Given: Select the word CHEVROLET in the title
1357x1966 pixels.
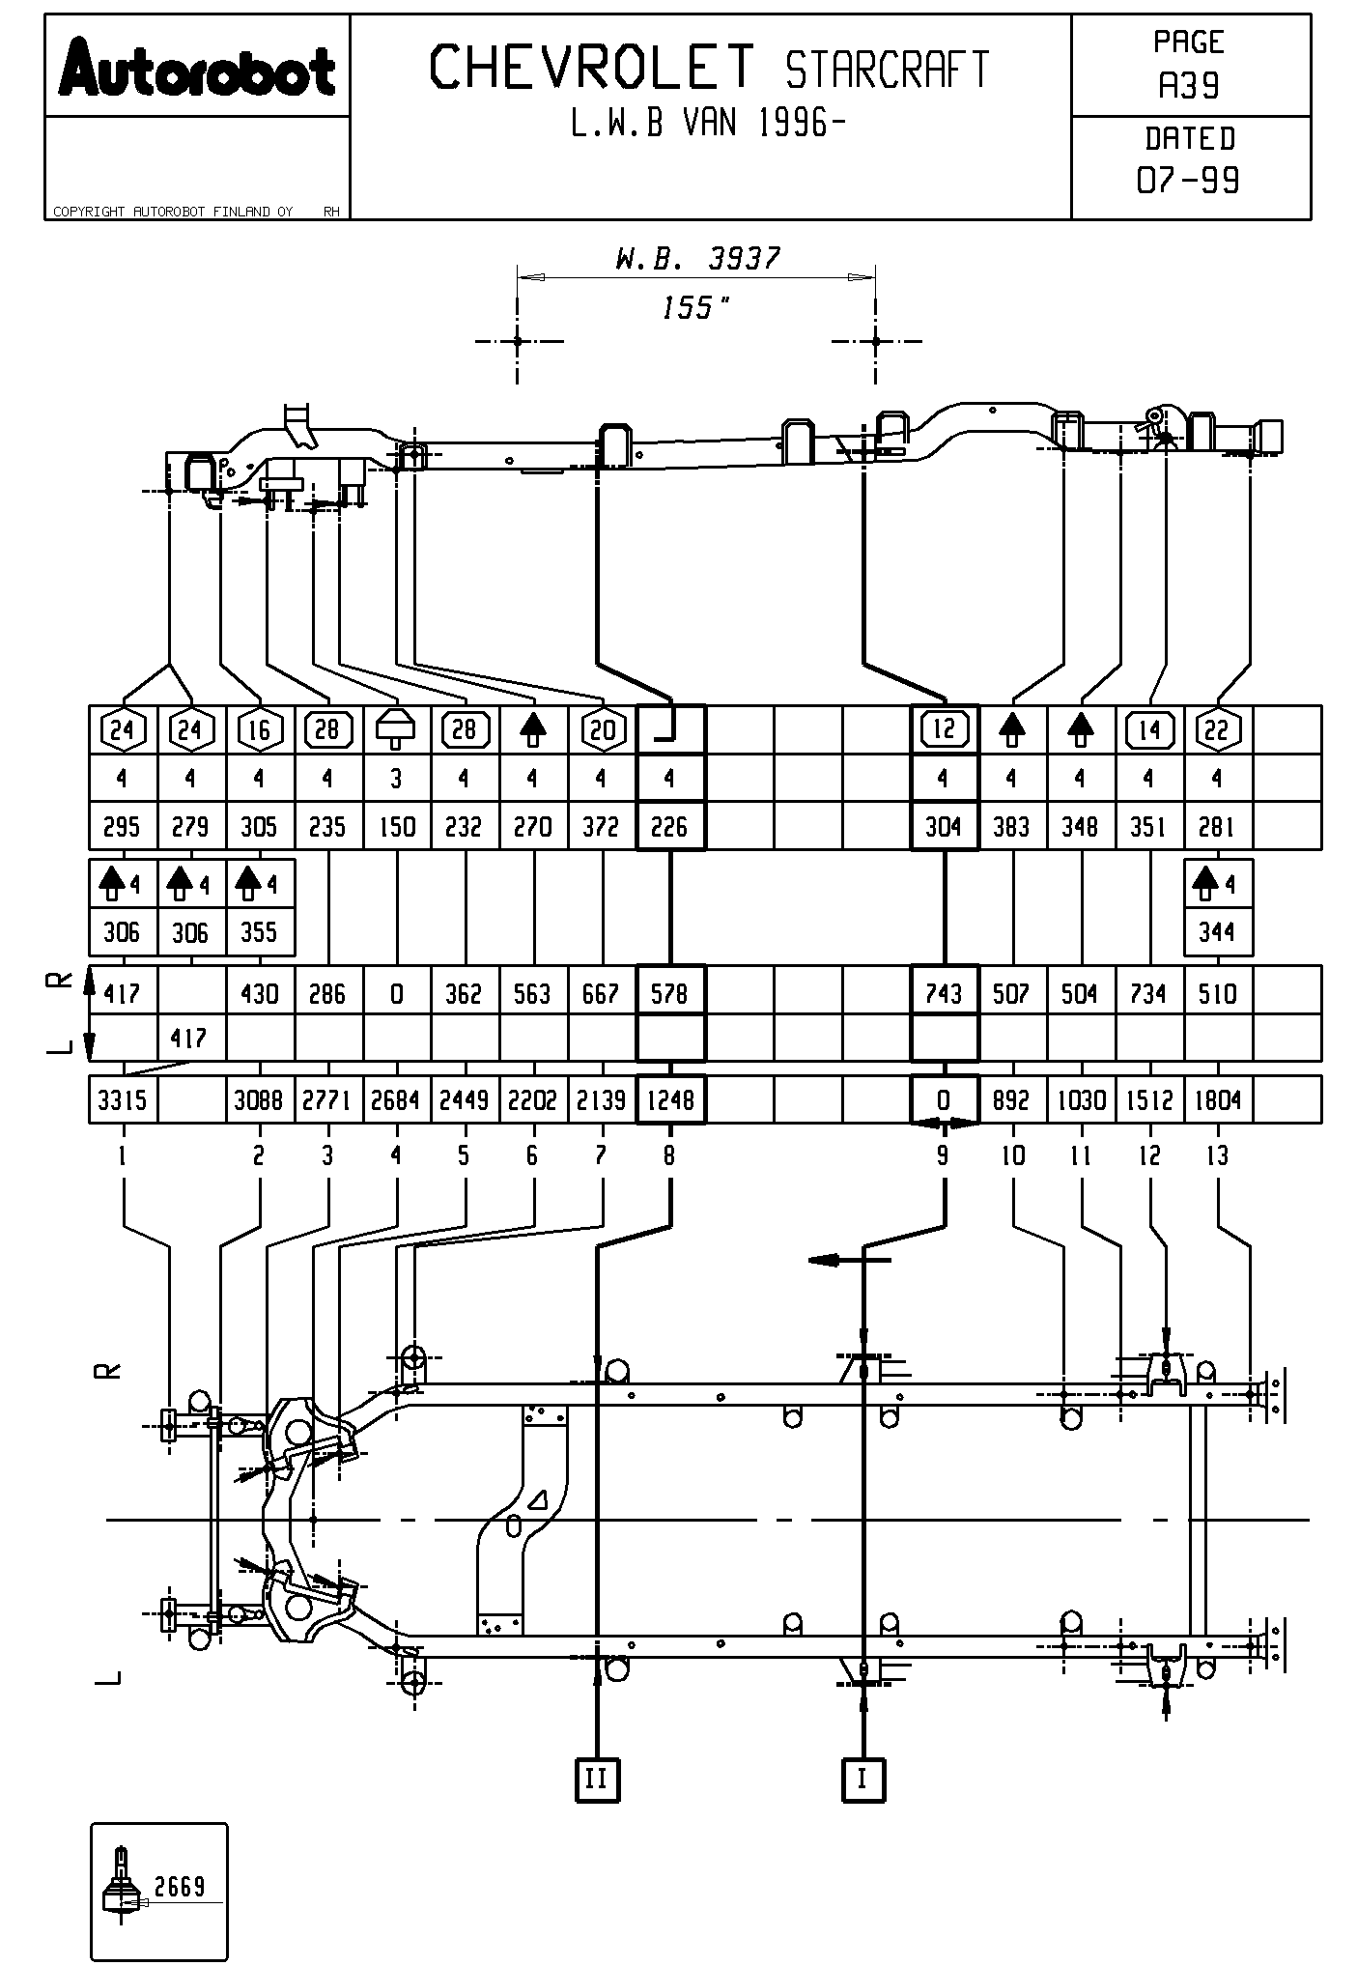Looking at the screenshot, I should pos(591,68).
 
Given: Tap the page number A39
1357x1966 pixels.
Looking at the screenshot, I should pos(1189,87).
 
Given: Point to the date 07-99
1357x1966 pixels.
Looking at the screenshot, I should pos(1189,181).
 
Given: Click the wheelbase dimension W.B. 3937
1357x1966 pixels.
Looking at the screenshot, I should pos(697,258).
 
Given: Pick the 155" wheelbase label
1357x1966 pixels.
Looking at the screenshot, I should pos(695,308).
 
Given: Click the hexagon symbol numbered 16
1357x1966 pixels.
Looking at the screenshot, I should pos(259,729).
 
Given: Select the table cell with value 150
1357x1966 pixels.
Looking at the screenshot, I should pos(396,827).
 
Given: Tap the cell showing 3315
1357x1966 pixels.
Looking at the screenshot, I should pos(122,1100).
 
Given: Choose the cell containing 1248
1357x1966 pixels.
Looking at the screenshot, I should pos(670,1100).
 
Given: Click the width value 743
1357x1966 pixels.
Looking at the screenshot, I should pos(944,993).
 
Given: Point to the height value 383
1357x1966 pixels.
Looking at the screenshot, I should pos(1011,827).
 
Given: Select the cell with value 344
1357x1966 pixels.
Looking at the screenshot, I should pos(1217,932).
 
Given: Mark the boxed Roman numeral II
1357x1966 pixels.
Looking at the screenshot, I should pos(597,1779).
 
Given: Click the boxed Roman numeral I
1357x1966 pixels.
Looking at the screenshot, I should pos(863,1779).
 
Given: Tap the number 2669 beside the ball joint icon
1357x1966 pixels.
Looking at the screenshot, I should pos(180,1886).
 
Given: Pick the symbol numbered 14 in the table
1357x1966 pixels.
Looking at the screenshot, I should pos(1149,729).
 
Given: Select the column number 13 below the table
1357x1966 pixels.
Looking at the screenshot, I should pos(1217,1155).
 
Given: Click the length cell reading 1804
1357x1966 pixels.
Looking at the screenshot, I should pos(1217,1100).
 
